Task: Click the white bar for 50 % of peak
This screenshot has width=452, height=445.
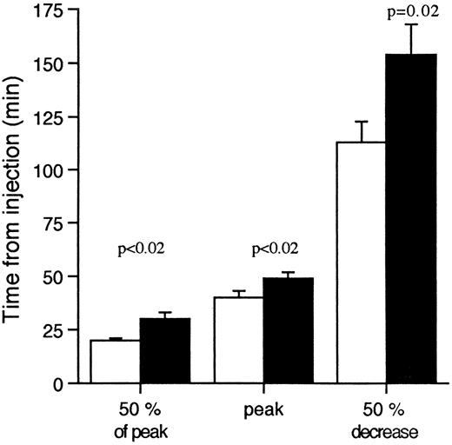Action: (x=116, y=362)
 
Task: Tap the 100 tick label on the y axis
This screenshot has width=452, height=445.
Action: (x=58, y=170)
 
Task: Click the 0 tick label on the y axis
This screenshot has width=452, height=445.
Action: (x=67, y=383)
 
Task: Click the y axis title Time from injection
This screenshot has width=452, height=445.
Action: (x=19, y=196)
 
